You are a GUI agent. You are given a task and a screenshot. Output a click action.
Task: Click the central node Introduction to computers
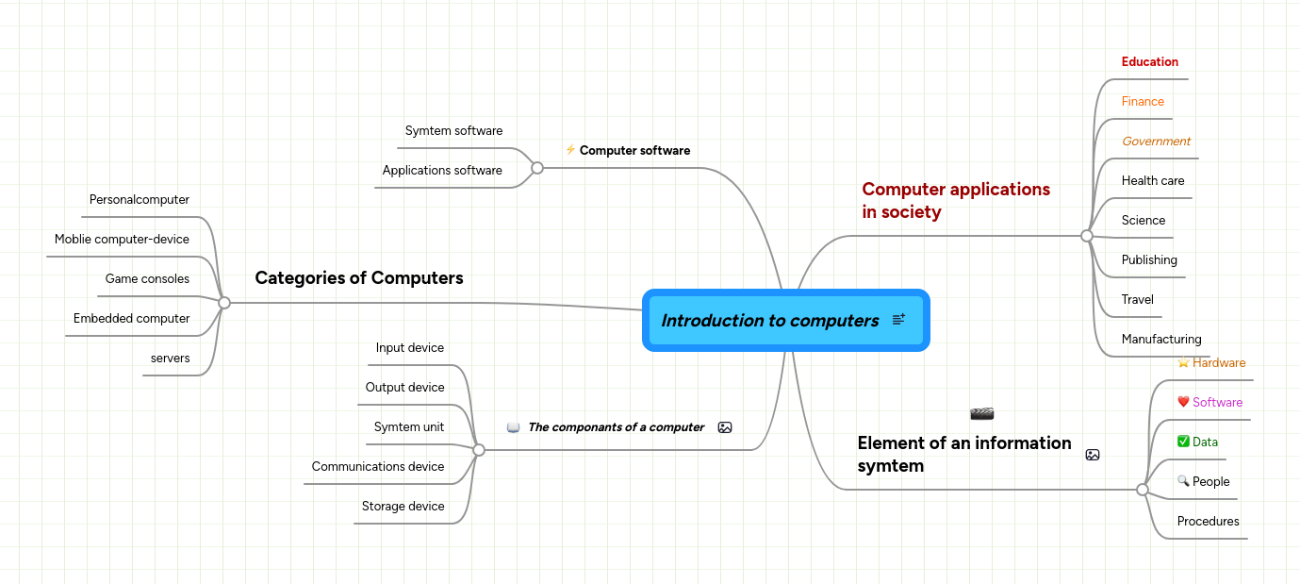tap(769, 321)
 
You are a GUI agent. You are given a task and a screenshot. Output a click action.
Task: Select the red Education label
tap(1149, 62)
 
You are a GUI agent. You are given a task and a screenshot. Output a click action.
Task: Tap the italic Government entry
tap(1156, 142)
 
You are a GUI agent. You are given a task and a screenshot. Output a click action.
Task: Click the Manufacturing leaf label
tap(1160, 340)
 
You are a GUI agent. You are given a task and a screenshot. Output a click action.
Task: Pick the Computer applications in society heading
tap(955, 201)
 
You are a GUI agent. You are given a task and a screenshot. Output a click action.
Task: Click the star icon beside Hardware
tap(1183, 363)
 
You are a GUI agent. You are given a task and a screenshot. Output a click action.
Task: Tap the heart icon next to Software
tap(1183, 403)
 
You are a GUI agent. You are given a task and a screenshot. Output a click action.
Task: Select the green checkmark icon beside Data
tap(1183, 442)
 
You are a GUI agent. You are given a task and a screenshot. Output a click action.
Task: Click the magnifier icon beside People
tap(1183, 482)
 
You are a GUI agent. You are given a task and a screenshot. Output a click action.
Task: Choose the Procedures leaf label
tap(1208, 522)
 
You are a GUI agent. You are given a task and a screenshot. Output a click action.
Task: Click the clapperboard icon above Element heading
tap(981, 414)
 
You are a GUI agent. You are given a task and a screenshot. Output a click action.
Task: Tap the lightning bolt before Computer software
tap(570, 150)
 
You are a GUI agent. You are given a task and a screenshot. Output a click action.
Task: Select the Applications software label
tap(442, 171)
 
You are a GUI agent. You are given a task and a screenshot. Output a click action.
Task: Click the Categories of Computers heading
tap(359, 278)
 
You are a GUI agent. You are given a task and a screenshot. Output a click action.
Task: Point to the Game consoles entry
tap(147, 279)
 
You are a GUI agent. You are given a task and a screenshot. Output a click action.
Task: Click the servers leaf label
tap(170, 359)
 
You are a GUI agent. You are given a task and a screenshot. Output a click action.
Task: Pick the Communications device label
tap(377, 467)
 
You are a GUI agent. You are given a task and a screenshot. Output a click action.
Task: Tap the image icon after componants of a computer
tap(724, 427)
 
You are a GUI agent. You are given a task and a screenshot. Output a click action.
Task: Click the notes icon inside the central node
tap(898, 321)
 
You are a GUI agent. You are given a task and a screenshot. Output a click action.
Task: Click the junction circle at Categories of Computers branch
tap(224, 303)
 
